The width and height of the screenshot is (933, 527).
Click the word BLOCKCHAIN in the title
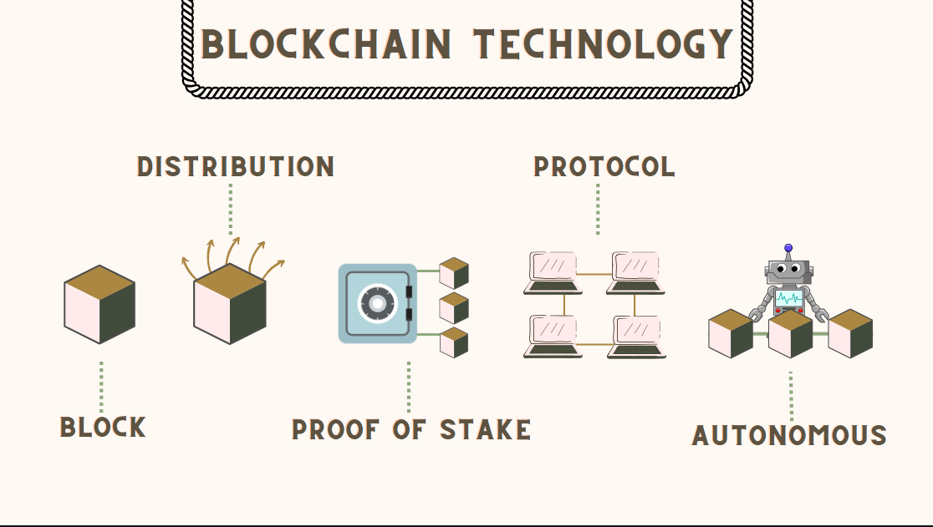click(x=326, y=45)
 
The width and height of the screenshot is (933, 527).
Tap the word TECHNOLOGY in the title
click(x=603, y=45)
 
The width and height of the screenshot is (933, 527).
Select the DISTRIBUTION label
click(x=236, y=167)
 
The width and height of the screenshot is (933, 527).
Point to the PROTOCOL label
click(x=604, y=167)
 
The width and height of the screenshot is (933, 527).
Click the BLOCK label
click(x=103, y=428)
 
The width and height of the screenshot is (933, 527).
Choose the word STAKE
click(x=486, y=430)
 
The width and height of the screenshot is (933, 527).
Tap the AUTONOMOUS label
click(x=789, y=436)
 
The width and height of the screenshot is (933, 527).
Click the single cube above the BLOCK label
click(x=99, y=305)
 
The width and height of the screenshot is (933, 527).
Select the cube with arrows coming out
click(x=230, y=304)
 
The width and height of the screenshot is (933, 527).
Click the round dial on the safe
click(x=377, y=303)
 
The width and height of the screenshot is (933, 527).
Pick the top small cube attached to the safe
click(x=454, y=273)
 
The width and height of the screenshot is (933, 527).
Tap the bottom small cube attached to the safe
click(x=454, y=342)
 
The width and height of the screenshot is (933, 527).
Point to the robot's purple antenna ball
click(x=788, y=248)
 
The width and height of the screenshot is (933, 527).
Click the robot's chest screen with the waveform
click(x=788, y=298)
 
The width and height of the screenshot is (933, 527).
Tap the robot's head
click(x=788, y=271)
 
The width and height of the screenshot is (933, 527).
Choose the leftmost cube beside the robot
click(x=731, y=333)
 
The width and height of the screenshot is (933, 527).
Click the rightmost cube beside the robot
click(x=851, y=333)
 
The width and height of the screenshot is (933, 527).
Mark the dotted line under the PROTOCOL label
click(x=598, y=210)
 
